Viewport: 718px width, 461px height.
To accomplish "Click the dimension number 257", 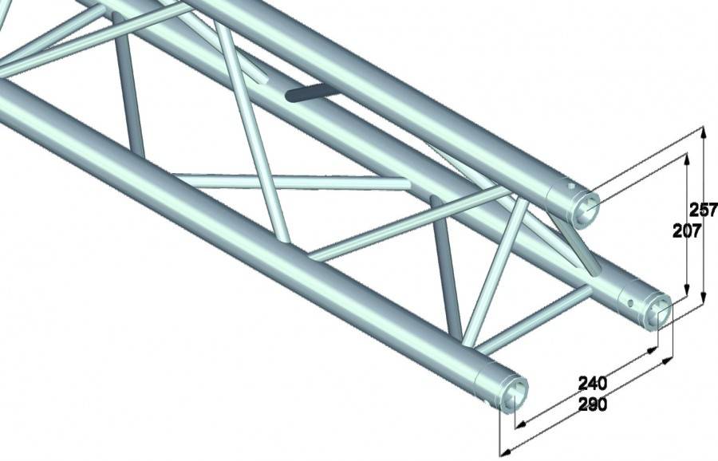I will [703, 211].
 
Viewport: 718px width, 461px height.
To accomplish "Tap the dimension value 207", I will [687, 231].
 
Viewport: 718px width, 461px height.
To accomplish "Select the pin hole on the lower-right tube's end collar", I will [630, 303].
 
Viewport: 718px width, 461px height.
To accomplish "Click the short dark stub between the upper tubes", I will [313, 93].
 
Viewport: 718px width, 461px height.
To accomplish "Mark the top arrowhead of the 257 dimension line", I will [704, 131].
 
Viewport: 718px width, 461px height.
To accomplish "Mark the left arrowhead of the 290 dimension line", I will [503, 452].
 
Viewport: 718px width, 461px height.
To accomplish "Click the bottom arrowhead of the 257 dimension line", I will [704, 302].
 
